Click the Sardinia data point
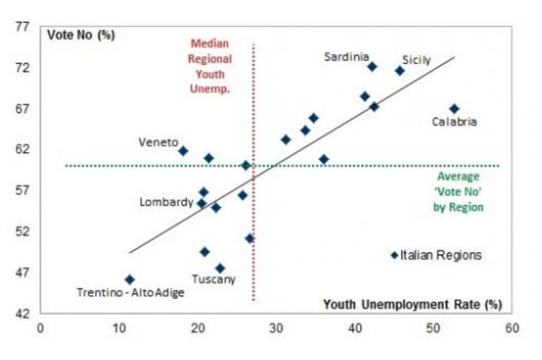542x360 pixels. point(372,67)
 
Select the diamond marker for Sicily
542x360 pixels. point(400,71)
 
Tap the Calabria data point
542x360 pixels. point(454,109)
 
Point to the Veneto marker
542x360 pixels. point(183,151)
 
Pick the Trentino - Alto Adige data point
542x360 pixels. point(130,279)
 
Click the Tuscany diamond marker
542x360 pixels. point(220,268)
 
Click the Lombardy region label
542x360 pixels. point(166,202)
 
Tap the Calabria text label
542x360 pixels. point(454,122)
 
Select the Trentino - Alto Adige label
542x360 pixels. point(130,293)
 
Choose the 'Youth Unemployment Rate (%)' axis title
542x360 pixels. point(413,305)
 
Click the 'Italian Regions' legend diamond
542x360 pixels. point(394,255)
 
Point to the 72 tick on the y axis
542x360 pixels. point(22,68)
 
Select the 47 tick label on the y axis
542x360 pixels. point(22,272)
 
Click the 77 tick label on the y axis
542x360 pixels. point(22,27)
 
